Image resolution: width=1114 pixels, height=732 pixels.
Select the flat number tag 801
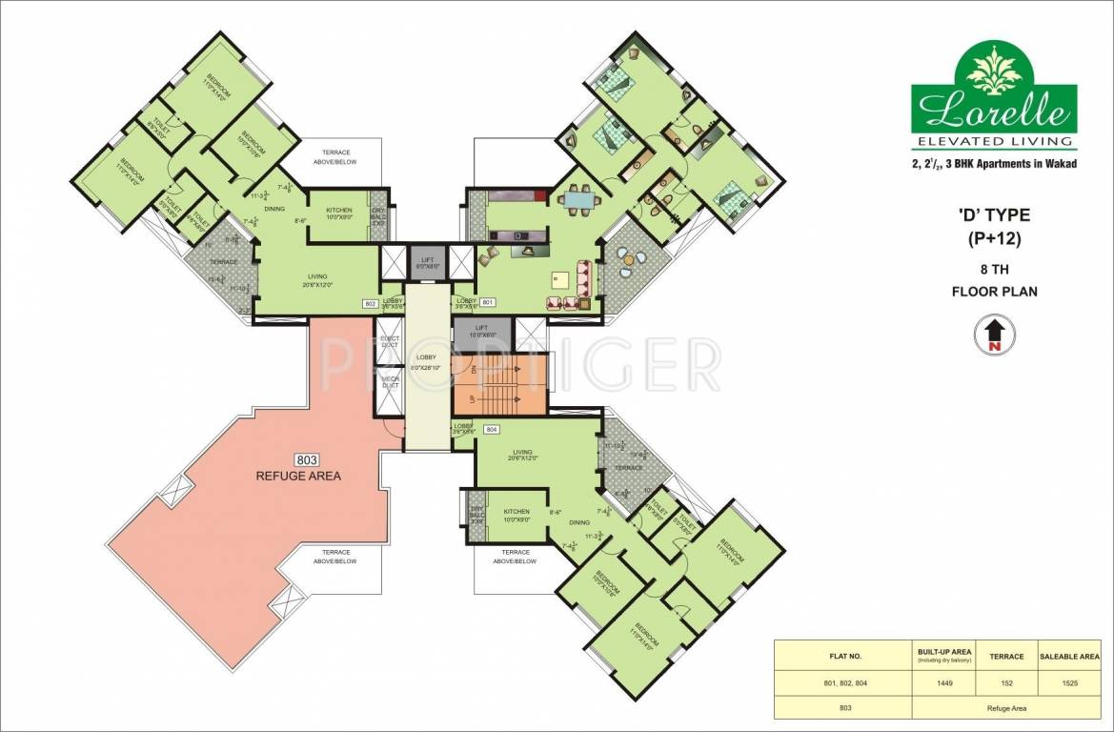489,302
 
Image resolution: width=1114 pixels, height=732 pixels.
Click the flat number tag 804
492,429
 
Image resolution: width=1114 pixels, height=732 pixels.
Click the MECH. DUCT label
390,382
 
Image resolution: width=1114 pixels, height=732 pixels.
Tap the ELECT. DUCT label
390,340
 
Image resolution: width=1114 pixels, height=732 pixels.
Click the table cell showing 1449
943,684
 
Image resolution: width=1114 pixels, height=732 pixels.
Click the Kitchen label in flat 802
339,213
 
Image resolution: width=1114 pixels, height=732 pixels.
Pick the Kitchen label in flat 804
516,515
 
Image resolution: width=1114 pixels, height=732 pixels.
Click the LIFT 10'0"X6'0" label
482,331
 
